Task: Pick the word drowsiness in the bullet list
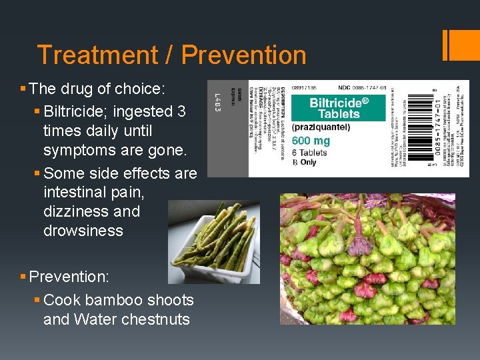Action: [x=83, y=231]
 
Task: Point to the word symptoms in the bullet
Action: [x=81, y=150]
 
